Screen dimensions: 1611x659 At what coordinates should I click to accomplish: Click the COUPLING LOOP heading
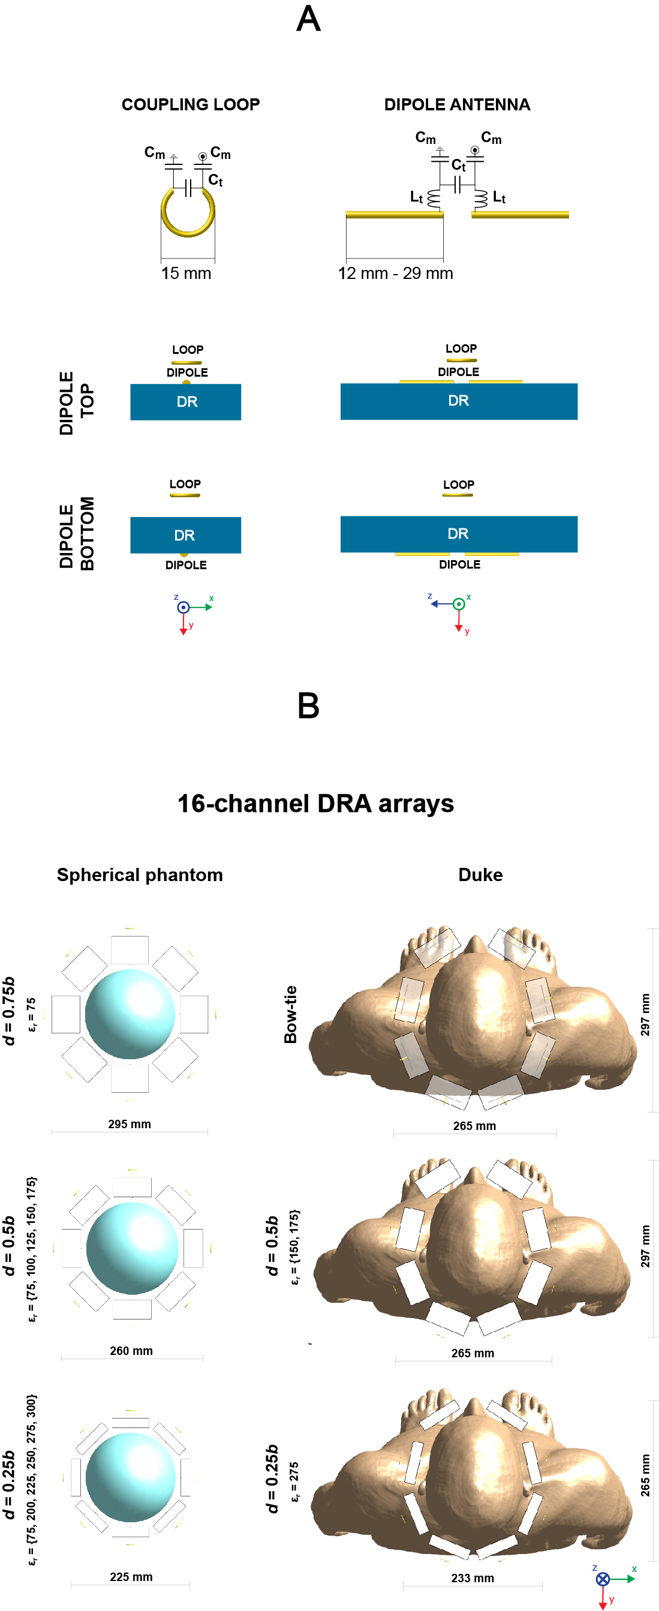(190, 104)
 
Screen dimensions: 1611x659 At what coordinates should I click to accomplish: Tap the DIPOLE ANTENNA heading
(456, 104)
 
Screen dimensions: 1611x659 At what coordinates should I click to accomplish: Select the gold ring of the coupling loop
(188, 213)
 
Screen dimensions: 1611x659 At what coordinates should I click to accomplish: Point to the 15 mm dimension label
(186, 273)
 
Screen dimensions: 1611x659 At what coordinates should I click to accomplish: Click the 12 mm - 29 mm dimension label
(395, 273)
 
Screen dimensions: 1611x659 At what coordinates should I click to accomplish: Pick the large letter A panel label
(308, 19)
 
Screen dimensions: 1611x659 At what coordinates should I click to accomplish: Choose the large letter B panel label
(308, 705)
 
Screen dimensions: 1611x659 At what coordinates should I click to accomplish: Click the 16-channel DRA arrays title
(316, 804)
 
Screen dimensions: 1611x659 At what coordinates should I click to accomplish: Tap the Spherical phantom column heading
(140, 874)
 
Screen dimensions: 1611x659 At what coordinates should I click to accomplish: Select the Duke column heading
(480, 874)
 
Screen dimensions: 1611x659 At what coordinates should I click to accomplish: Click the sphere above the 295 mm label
(130, 1014)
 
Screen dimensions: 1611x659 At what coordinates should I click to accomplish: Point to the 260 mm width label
(131, 1351)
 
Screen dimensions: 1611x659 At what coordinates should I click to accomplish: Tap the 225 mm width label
(131, 1577)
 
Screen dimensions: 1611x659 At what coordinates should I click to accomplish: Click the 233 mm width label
(472, 1578)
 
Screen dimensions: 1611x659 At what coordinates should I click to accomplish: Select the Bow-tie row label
(290, 1014)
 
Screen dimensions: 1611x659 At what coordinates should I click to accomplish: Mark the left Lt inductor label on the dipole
(416, 197)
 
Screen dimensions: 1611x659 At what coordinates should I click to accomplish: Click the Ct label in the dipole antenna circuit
(458, 165)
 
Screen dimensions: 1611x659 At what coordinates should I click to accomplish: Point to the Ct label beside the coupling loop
(215, 180)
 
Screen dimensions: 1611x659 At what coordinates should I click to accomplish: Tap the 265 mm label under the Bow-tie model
(474, 1126)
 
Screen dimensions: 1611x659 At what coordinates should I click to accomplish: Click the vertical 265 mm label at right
(645, 1475)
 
